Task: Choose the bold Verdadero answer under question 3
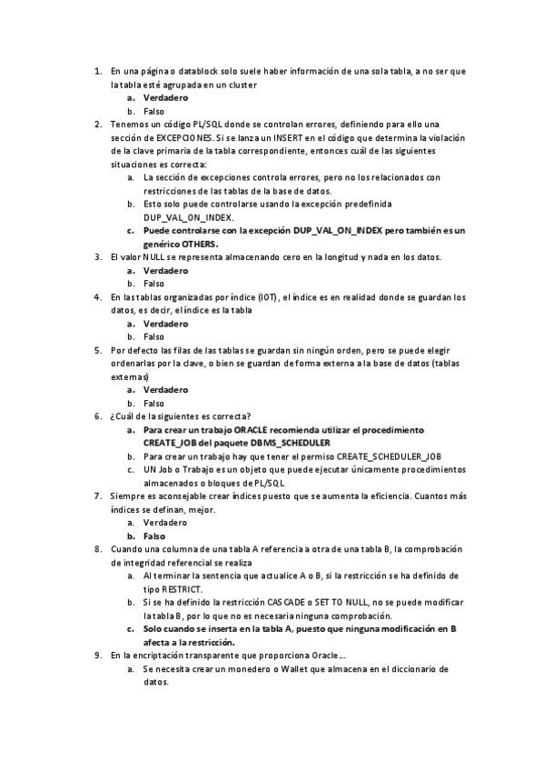point(165,270)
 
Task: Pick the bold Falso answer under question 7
point(154,536)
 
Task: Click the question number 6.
point(98,416)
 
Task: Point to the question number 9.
point(98,655)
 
